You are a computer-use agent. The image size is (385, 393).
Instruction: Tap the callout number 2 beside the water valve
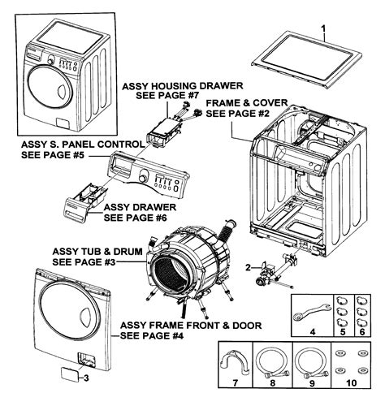(x=247, y=267)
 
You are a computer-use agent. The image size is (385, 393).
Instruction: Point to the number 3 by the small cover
(x=88, y=375)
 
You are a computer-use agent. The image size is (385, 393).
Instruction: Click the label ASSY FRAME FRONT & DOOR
(x=190, y=325)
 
